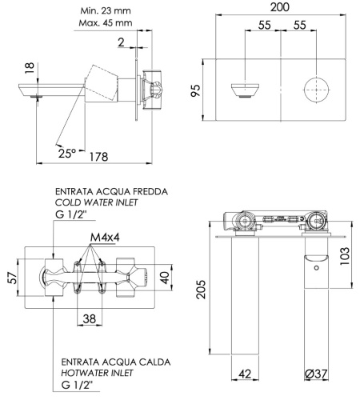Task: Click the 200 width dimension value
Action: tap(280, 7)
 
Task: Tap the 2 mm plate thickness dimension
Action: tap(119, 41)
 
